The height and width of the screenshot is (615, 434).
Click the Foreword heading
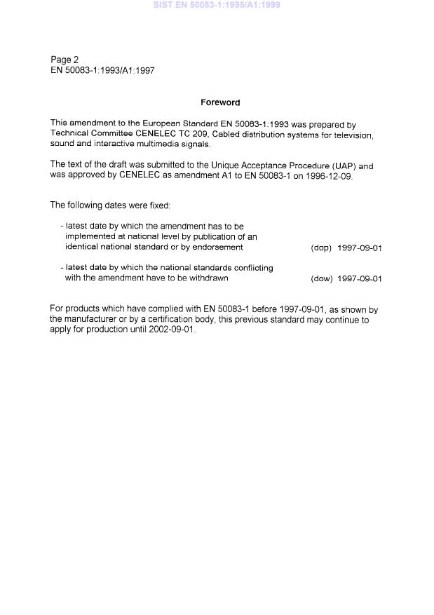click(220, 102)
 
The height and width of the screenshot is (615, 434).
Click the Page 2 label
click(65, 60)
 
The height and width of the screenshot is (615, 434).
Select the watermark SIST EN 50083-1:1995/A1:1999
click(217, 6)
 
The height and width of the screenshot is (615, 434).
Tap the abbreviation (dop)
click(321, 248)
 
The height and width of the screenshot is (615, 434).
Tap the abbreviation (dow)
click(321, 278)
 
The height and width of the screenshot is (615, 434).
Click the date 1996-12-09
click(328, 176)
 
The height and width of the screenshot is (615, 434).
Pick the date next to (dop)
click(360, 248)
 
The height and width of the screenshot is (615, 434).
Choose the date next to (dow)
click(360, 278)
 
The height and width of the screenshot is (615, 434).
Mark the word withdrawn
click(207, 278)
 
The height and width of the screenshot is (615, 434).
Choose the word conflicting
click(250, 267)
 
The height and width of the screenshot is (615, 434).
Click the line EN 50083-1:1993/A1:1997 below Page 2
click(102, 71)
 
